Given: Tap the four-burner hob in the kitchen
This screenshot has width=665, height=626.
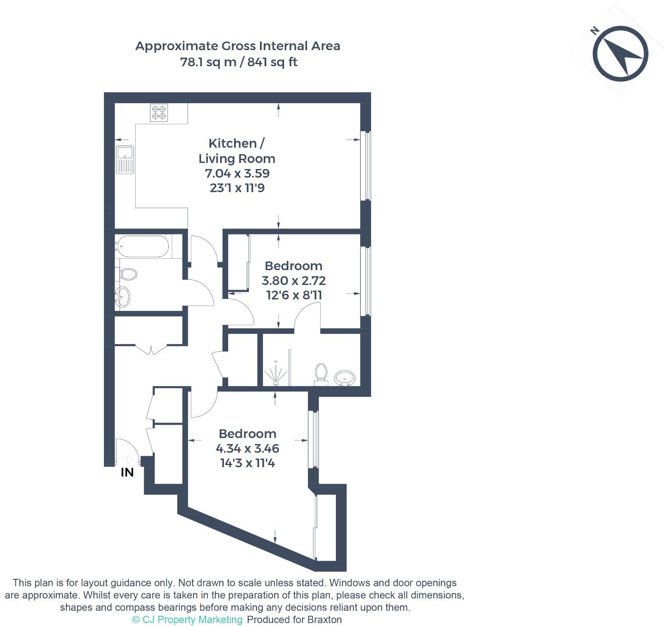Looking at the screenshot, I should [x=159, y=113].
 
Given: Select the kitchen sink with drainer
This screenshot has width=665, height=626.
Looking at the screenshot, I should [x=125, y=160].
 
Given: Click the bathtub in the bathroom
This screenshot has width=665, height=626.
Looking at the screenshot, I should [x=143, y=246].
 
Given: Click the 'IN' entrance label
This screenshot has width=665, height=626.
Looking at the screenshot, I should [x=127, y=472].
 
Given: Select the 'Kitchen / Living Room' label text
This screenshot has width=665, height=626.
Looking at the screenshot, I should [x=237, y=151].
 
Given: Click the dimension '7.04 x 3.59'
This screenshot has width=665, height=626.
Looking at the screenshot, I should [x=237, y=173].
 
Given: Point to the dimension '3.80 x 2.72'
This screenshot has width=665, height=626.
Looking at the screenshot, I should [x=293, y=281].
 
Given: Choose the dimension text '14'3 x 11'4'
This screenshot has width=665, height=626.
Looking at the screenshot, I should [x=247, y=463].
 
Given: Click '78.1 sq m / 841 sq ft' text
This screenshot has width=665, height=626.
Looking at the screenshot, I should [x=239, y=62].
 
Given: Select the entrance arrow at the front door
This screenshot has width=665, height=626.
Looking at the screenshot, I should [x=127, y=460].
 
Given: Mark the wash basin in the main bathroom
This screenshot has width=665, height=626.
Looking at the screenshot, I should [x=123, y=296].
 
